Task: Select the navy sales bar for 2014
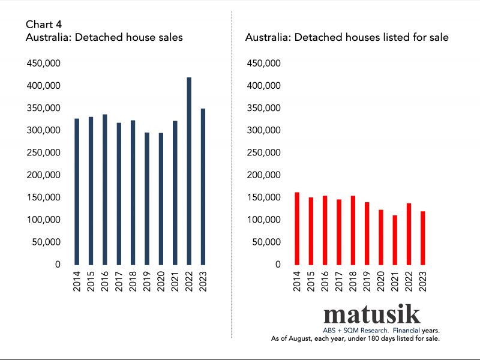[x=77, y=191]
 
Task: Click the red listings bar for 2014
[x=296, y=229]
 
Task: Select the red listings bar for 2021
[x=395, y=240]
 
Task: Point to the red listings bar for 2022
[x=409, y=234]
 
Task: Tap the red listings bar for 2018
[x=353, y=230]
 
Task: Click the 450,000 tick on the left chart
[x=43, y=64]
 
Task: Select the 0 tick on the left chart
[x=58, y=265]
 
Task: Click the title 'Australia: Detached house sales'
[x=104, y=37]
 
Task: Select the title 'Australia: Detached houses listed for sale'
[x=347, y=37]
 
